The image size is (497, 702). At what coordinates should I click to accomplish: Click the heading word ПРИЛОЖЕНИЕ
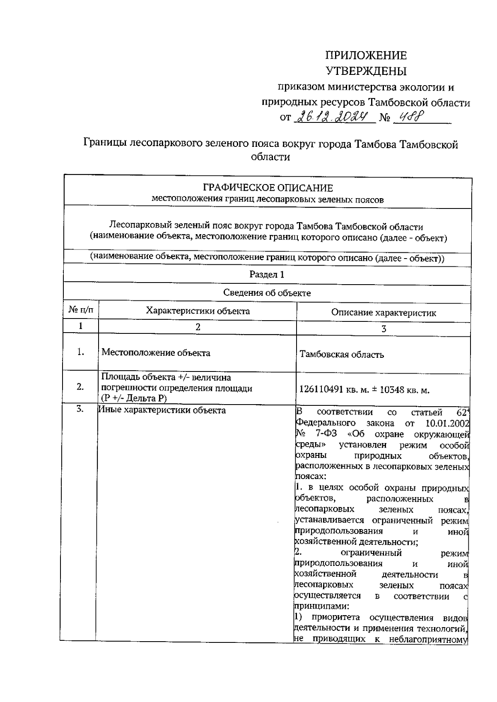(366, 55)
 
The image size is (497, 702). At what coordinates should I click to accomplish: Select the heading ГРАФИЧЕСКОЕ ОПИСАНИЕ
(268, 189)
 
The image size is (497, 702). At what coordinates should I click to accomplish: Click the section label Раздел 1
(267, 274)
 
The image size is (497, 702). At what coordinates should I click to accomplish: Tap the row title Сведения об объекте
(267, 293)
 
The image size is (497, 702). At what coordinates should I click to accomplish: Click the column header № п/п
(81, 310)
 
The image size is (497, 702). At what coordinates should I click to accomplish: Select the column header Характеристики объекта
(198, 311)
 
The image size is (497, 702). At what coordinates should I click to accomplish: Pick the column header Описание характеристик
(384, 313)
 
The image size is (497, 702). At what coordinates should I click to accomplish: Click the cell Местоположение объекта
(156, 353)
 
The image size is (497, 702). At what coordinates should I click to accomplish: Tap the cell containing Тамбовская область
(342, 355)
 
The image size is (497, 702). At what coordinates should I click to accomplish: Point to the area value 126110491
(321, 390)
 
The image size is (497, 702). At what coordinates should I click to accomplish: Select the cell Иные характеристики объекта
(162, 410)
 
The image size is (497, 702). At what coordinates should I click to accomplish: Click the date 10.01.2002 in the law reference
(447, 423)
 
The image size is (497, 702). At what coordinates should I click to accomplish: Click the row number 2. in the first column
(80, 387)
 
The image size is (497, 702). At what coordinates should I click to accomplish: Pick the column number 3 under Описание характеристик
(384, 329)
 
